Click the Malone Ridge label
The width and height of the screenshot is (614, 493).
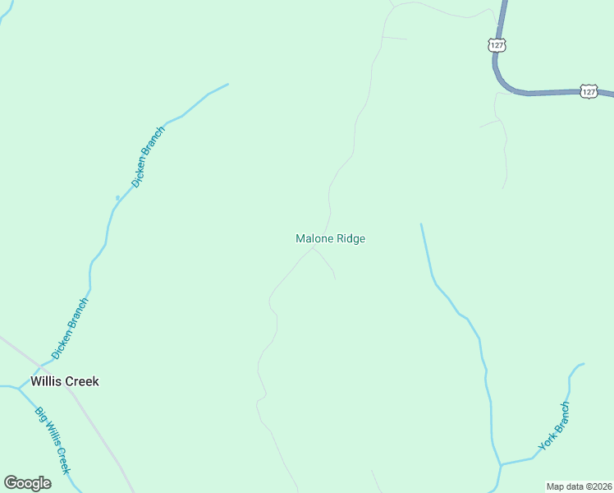point(330,238)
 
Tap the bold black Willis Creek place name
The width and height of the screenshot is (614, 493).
point(64,381)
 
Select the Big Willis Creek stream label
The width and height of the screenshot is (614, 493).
point(53,440)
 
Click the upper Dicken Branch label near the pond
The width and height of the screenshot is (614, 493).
point(149,157)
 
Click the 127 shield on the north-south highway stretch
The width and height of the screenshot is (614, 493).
point(497,45)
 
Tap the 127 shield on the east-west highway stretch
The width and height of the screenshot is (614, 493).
point(589,92)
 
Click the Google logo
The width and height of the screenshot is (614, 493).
point(27,483)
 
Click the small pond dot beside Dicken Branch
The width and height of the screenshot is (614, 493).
point(117,197)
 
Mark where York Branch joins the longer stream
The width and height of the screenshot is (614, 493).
point(500,465)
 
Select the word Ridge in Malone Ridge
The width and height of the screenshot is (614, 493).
point(351,238)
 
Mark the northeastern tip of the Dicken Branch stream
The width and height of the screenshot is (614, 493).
point(227,84)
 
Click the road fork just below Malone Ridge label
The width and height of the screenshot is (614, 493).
point(312,248)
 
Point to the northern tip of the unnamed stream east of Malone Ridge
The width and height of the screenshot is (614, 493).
point(421,223)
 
